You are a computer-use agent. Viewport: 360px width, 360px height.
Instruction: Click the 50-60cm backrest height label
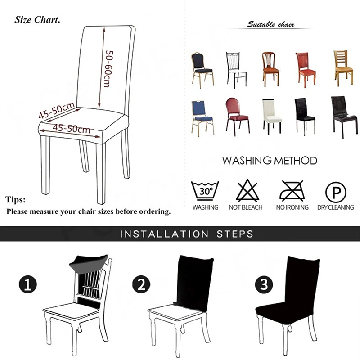tap(108, 68)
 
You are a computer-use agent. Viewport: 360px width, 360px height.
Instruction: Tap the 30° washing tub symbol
tap(205, 191)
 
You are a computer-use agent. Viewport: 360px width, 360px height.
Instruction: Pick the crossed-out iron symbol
tap(292, 191)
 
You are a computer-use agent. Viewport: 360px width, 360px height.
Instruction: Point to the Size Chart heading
tap(37, 20)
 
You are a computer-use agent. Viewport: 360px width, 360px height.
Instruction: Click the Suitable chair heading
tap(270, 24)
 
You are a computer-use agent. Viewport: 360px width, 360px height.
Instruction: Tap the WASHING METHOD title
tap(270, 161)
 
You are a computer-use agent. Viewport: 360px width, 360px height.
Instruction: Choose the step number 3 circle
tap(263, 285)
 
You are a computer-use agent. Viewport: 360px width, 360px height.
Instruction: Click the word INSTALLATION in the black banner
tap(164, 234)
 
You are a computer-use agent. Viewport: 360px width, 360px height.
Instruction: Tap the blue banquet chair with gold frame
tap(202, 117)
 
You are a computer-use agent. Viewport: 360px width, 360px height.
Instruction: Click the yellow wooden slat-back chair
tap(343, 67)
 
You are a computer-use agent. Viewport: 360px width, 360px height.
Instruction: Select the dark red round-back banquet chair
tap(237, 115)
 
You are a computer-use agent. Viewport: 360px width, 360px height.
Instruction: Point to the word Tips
tap(16, 200)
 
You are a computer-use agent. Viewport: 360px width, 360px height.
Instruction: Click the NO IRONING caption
tap(292, 207)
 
